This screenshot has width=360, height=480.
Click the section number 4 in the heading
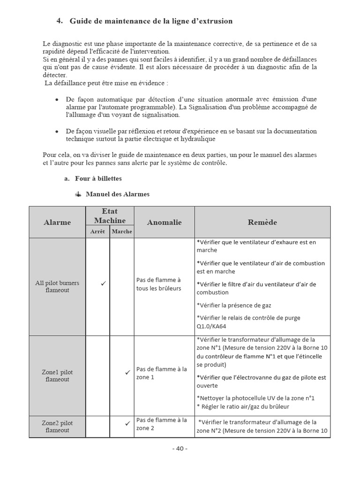tap(59, 21)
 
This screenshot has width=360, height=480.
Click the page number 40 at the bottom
tap(180, 448)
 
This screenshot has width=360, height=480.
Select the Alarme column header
tap(57, 222)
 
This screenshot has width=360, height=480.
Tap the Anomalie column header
tap(164, 222)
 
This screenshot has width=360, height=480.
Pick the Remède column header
tap(262, 222)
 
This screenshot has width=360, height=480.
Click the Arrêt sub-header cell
tap(97, 231)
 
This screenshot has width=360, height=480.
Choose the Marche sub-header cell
tap(122, 231)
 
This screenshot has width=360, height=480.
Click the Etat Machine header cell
tap(110, 216)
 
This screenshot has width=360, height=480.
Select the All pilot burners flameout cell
tap(57, 286)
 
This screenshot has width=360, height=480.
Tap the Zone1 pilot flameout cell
tap(57, 375)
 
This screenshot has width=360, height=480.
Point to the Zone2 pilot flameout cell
tap(57, 427)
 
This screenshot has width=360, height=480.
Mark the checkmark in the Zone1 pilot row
tap(127, 373)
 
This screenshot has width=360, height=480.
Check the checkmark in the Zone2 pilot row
tap(127, 423)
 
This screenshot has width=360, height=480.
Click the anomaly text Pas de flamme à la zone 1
tap(161, 373)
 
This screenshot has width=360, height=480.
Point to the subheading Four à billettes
tap(98, 179)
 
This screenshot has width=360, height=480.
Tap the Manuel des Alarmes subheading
tap(117, 194)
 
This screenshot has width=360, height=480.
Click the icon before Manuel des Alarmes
tap(78, 194)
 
